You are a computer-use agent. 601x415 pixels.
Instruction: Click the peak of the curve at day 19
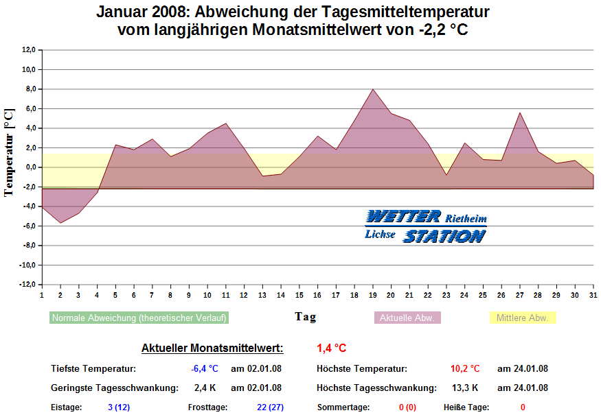373,89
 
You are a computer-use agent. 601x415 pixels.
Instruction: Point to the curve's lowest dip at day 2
60,223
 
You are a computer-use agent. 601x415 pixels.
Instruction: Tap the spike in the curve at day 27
520,112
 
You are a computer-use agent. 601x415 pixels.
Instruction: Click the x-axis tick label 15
299,295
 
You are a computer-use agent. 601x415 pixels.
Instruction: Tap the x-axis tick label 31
593,295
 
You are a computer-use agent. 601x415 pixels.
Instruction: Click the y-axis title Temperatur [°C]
10,151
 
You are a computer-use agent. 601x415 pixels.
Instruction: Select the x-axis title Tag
306,316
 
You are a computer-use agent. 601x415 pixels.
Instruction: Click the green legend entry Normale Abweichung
139,318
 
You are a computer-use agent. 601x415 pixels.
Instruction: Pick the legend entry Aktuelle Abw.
407,318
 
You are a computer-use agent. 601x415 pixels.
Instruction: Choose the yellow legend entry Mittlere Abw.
523,318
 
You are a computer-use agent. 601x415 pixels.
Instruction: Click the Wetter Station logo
426,226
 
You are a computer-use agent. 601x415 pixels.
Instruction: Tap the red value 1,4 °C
332,348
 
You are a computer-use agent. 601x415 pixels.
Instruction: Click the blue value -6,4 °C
205,369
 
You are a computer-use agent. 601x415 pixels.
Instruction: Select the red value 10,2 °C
465,369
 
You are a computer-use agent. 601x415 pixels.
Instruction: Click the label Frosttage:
207,407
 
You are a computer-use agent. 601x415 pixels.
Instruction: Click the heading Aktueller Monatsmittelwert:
212,348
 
